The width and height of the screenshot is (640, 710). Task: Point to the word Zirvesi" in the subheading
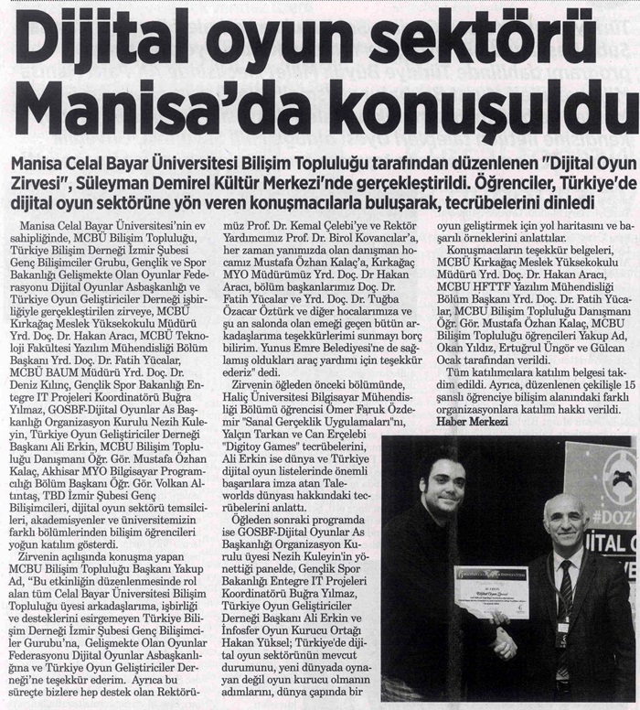(x=42, y=179)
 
